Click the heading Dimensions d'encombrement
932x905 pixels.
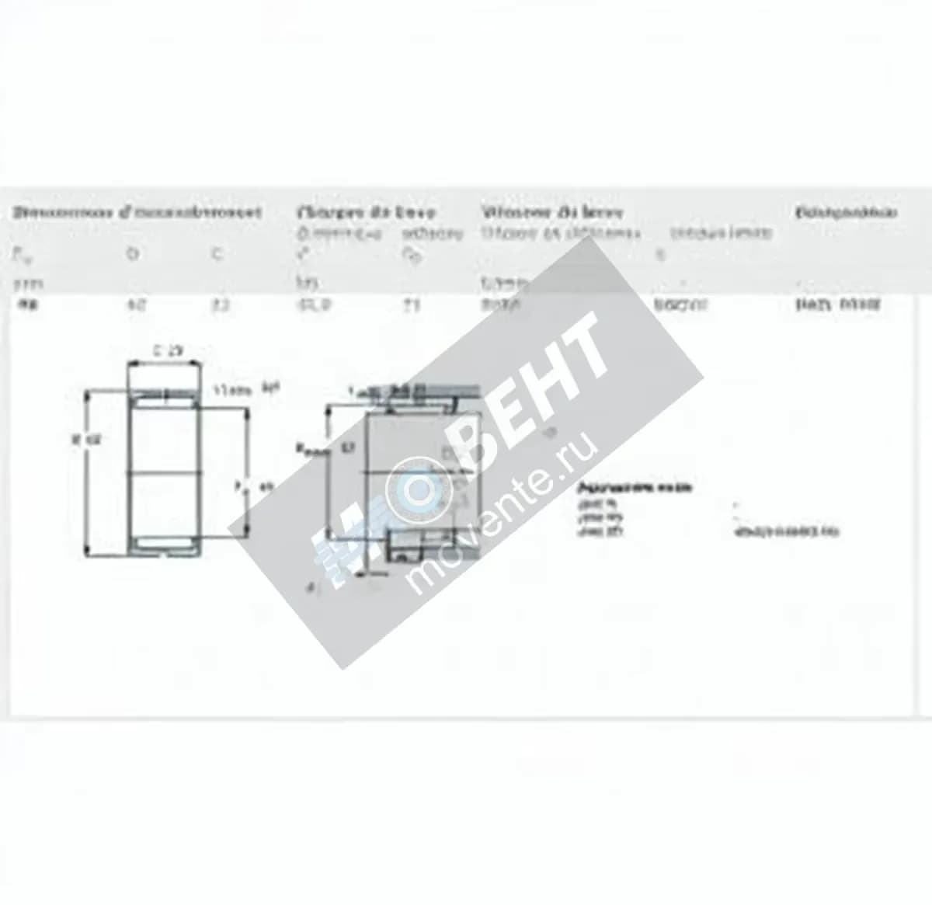136,211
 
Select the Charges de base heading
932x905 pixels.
366,211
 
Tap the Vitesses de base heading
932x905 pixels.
551,211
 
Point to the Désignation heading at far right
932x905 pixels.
847,211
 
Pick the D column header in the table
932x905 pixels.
132,253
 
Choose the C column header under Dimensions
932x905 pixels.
218,253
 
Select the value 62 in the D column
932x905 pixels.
134,305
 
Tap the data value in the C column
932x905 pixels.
221,305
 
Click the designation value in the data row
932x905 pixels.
837,305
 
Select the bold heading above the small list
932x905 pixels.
634,488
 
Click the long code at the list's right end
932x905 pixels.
786,532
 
